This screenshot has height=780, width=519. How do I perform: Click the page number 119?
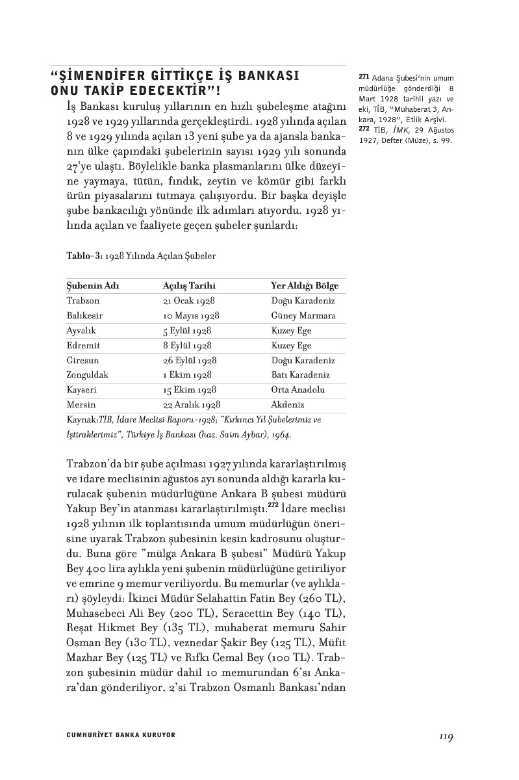pos(445,736)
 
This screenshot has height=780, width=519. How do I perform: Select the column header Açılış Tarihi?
pos(189,286)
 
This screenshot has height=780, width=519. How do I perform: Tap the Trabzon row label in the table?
pos(82,301)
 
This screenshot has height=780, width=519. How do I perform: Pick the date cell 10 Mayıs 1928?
pos(191,316)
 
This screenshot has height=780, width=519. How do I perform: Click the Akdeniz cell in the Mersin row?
pos(288,404)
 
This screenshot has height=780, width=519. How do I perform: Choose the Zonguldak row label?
pos(87,375)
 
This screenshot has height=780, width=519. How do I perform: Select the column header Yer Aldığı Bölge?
pos(304,286)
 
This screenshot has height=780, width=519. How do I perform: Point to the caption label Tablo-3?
pos(84,256)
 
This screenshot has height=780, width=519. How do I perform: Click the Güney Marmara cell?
pos(303,316)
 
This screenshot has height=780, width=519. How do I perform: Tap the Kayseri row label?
pos(82,390)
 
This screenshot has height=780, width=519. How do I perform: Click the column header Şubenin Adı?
pos(93,286)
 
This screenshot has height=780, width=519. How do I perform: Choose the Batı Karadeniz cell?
pos(301,375)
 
